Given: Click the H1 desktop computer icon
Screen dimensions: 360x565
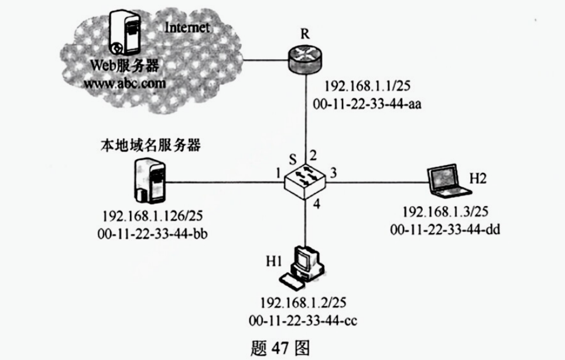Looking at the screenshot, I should [302, 266].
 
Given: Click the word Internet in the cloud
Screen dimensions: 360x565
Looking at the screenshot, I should [187, 28].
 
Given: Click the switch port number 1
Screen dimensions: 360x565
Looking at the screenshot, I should [273, 173].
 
